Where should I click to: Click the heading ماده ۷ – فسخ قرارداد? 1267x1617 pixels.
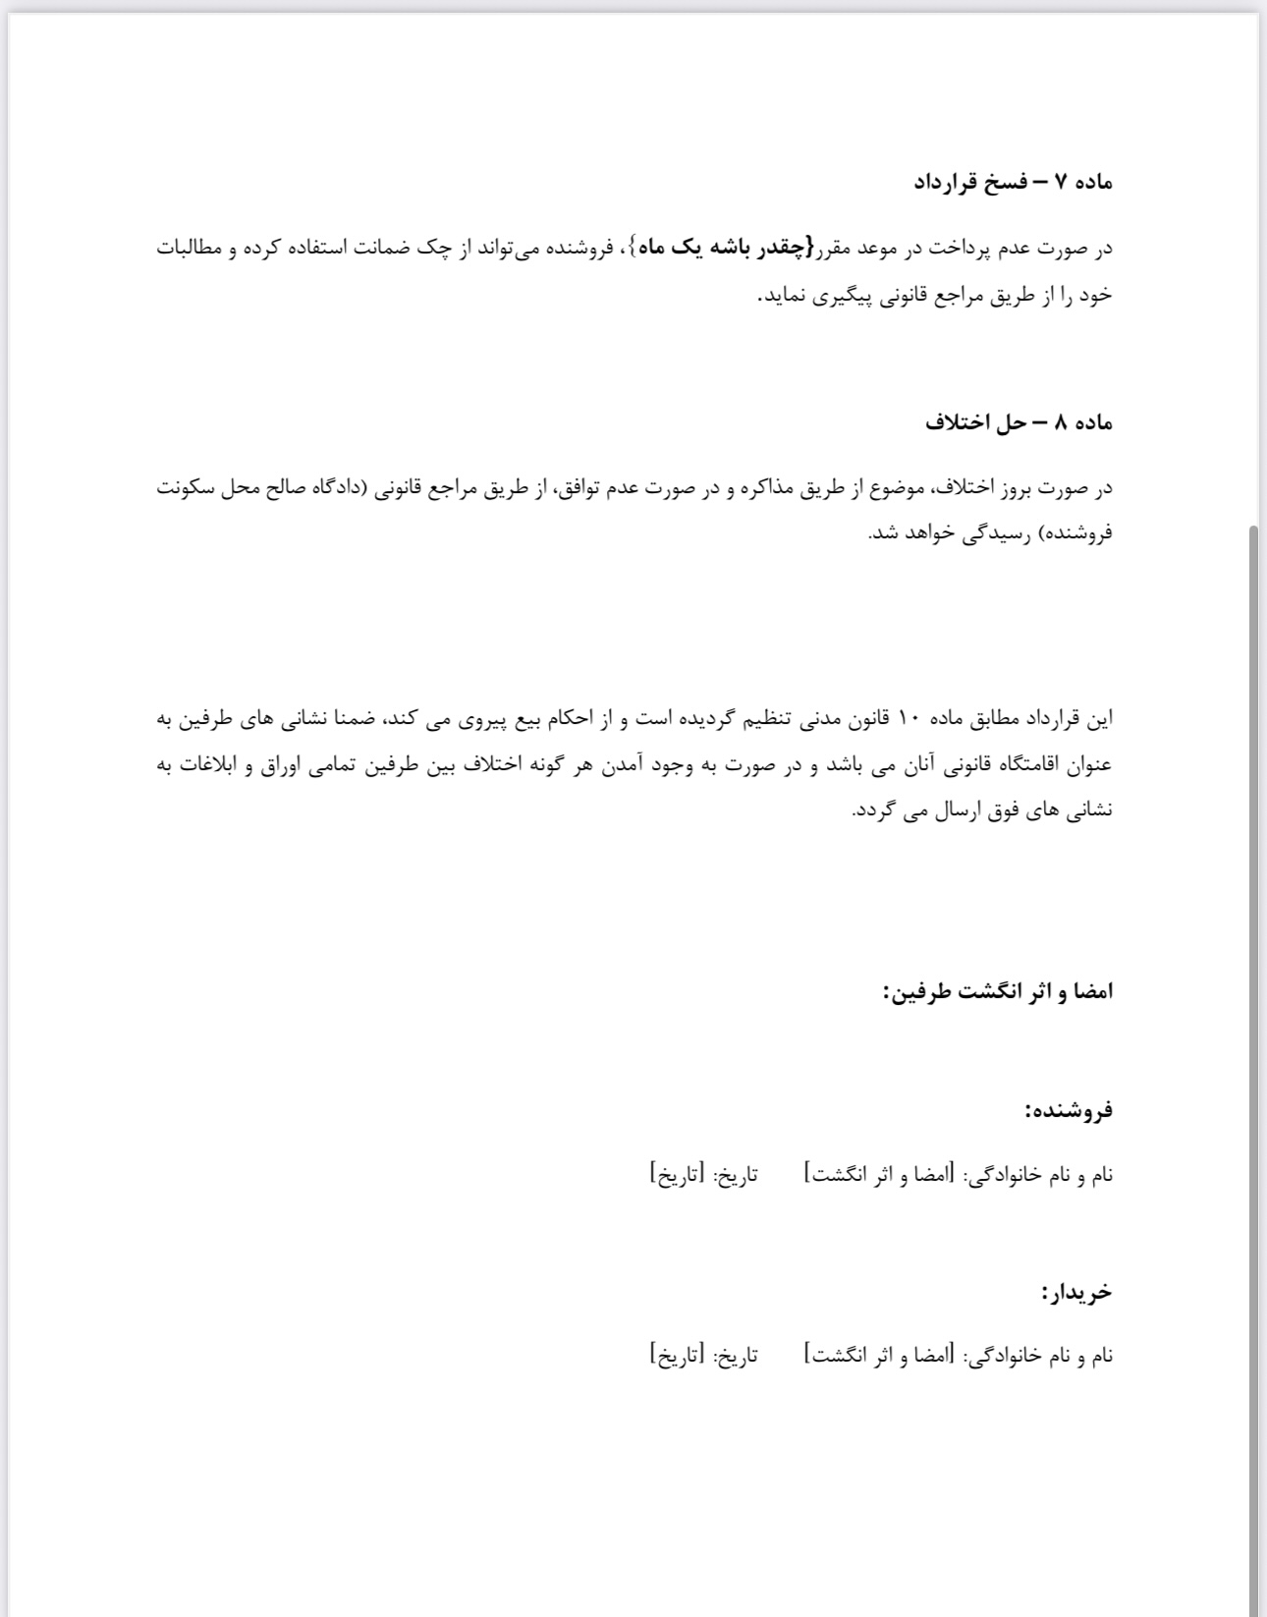(1013, 182)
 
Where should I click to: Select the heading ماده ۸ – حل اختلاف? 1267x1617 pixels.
(1019, 422)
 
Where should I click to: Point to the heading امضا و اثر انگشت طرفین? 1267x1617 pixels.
(998, 990)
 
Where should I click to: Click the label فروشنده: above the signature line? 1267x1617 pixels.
(1068, 1110)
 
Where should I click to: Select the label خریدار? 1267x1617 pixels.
(1076, 1291)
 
